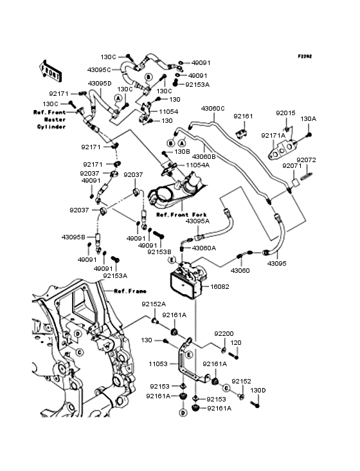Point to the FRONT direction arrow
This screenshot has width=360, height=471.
point(51,67)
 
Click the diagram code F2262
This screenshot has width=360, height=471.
point(304,57)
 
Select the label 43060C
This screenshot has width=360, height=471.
point(213,109)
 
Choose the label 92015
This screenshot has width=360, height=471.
point(285,113)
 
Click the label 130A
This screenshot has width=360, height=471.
point(309,119)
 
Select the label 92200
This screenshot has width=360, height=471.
point(224,334)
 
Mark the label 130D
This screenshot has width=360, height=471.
point(258,390)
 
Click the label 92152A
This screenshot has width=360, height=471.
point(154,304)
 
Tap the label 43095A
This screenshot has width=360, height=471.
point(197,221)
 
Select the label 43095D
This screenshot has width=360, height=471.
point(99,84)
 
